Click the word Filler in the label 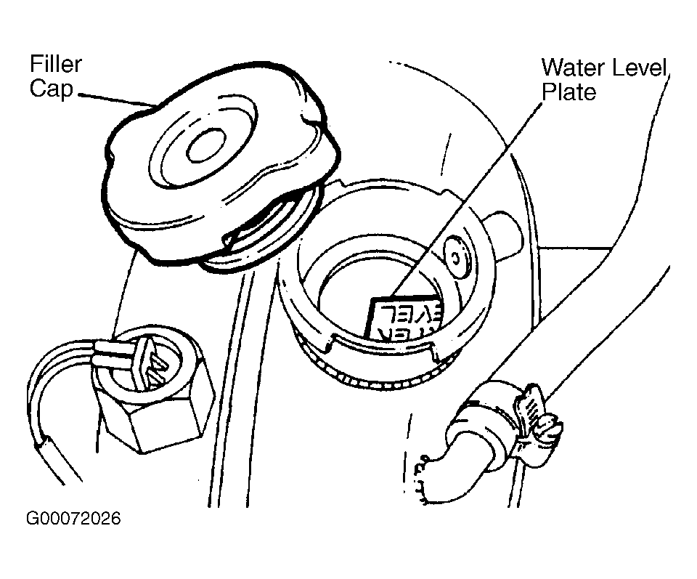pyautogui.click(x=55, y=64)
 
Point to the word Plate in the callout pyautogui.click(x=568, y=92)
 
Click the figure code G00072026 pyautogui.click(x=73, y=519)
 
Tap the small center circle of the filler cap pyautogui.click(x=205, y=147)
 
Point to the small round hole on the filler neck pyautogui.click(x=457, y=256)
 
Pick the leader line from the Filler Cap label pyautogui.click(x=116, y=98)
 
